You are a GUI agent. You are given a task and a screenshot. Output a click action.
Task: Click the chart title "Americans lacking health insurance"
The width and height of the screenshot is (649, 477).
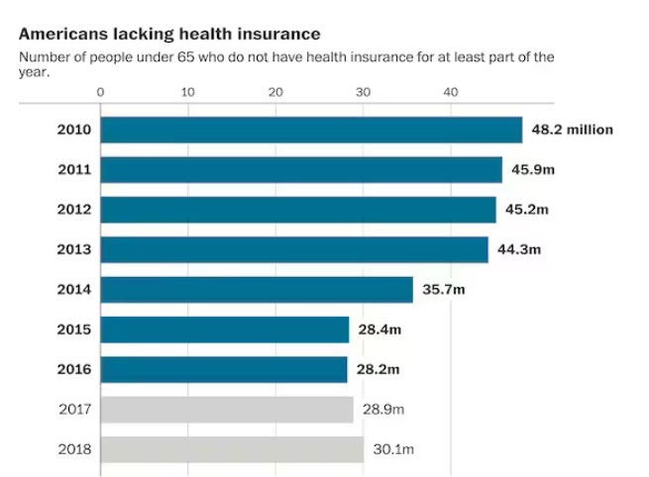pos(168,34)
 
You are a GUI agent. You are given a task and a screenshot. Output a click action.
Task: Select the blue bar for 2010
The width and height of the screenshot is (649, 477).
pos(311,130)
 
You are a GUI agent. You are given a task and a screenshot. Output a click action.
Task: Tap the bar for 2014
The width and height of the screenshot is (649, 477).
pos(257,290)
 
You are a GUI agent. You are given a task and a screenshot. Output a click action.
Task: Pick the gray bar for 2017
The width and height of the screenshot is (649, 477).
pos(227,409)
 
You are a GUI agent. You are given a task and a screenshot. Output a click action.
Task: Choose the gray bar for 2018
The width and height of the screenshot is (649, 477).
pos(232,449)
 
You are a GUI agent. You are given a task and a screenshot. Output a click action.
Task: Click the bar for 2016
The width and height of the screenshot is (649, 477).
pos(224,369)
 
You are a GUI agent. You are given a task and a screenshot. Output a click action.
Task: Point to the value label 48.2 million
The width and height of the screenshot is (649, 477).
pos(572,130)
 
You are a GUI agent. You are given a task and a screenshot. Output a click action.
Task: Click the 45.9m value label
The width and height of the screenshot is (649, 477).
pos(532,170)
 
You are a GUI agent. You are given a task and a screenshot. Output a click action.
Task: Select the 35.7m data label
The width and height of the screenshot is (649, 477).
pos(443,290)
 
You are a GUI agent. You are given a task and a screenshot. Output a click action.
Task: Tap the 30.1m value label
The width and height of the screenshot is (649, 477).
pos(393,449)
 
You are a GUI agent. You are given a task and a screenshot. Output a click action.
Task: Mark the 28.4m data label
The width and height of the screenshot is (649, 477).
pos(379,330)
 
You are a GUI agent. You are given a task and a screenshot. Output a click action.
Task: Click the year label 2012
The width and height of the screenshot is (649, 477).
pos(74,210)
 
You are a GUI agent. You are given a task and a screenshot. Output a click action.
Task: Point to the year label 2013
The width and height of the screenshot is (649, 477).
pos(74,249)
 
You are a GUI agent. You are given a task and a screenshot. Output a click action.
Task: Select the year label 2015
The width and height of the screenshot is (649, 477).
pos(74,330)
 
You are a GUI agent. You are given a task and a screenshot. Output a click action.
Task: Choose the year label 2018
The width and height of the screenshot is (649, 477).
pos(74,449)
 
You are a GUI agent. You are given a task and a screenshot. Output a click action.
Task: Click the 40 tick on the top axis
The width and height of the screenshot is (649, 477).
pos(451,92)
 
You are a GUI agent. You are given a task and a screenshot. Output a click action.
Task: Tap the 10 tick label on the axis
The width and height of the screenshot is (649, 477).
pos(188,92)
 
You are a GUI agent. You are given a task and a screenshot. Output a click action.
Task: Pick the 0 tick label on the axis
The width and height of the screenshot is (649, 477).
pos(101,92)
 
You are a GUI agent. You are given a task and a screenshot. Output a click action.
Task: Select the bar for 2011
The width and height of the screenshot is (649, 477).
pos(301,170)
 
